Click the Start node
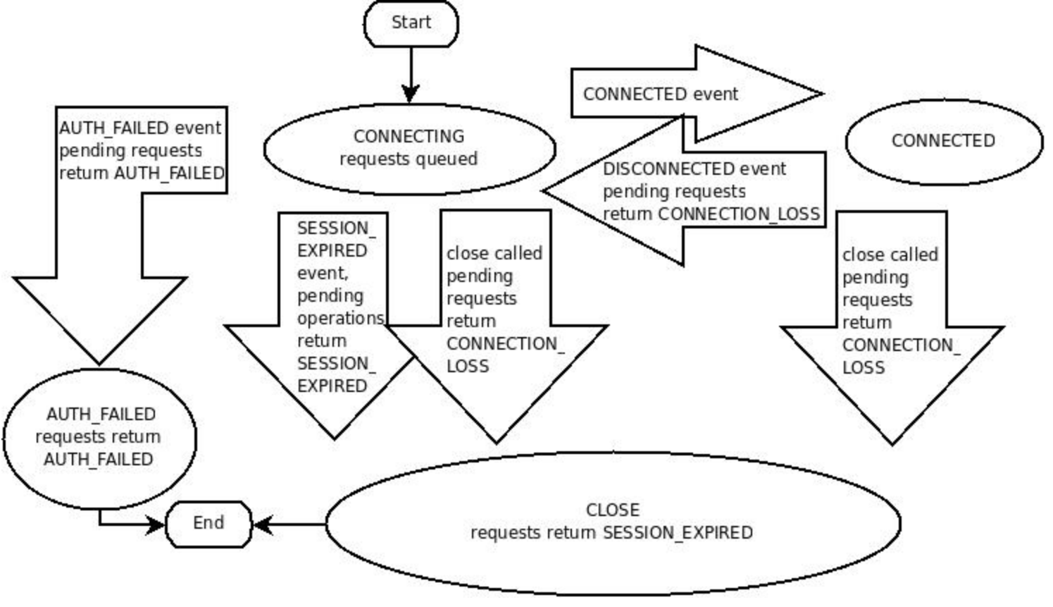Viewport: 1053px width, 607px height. point(411,23)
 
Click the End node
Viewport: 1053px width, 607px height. point(208,524)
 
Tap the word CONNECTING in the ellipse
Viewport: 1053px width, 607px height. point(409,137)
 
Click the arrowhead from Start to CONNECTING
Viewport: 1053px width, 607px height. point(411,94)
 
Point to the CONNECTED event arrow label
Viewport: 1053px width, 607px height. point(661,94)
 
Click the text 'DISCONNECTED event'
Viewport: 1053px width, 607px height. point(694,169)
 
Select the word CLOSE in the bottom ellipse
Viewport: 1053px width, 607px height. point(613,510)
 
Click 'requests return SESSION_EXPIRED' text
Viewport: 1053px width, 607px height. point(611,533)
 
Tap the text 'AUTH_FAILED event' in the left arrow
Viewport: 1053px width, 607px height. point(140,128)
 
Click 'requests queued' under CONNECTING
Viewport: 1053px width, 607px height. point(409,159)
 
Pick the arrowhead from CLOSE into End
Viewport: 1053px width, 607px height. point(262,525)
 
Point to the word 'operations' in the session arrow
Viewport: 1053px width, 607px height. point(341,319)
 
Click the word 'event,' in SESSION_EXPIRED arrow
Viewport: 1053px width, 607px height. point(323,274)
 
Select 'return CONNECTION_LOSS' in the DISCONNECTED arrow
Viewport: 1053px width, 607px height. point(711,214)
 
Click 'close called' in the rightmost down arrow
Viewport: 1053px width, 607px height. point(890,255)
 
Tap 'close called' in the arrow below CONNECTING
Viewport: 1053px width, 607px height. point(494,253)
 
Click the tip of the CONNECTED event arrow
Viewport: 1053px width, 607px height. point(823,94)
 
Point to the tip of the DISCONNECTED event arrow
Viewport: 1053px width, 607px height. point(542,191)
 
